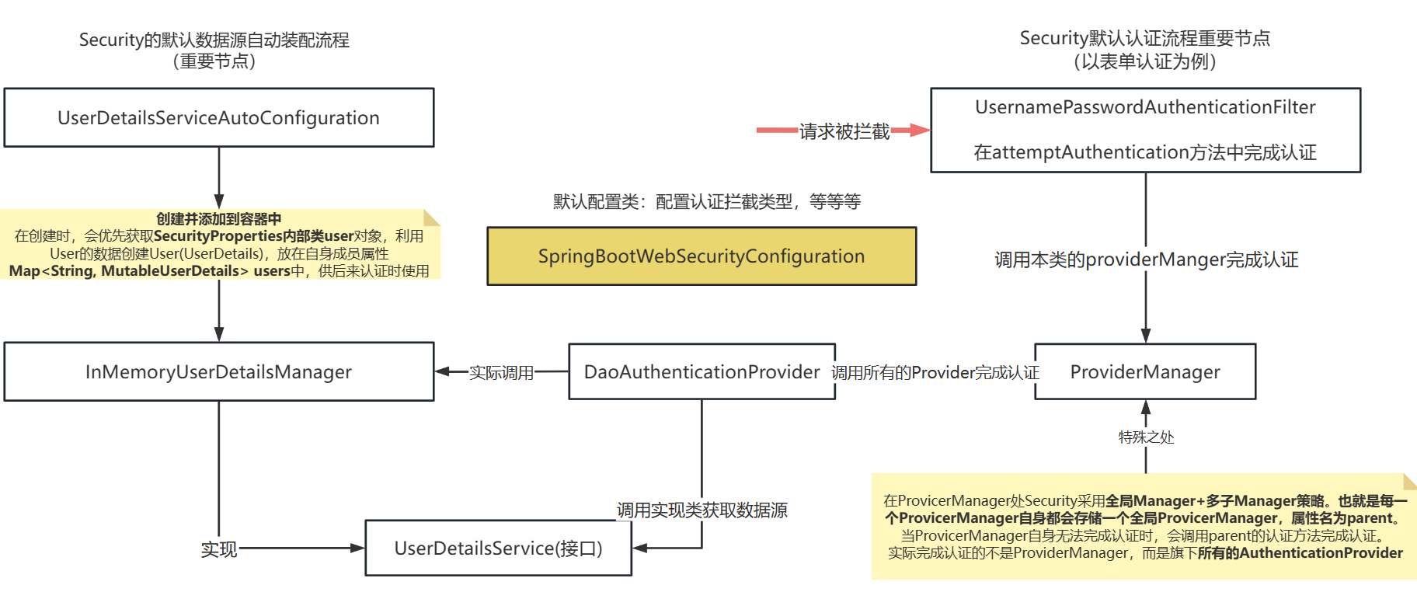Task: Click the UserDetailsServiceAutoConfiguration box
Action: pyautogui.click(x=218, y=117)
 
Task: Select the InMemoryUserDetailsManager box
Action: pyautogui.click(x=218, y=371)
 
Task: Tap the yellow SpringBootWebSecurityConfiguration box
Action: pyautogui.click(x=701, y=256)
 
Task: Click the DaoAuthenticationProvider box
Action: pyautogui.click(x=702, y=371)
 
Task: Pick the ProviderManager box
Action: pyautogui.click(x=1144, y=371)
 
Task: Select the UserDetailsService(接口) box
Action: pyautogui.click(x=498, y=548)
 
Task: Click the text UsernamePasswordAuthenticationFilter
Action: pyautogui.click(x=1145, y=107)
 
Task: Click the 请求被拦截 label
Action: pyautogui.click(x=844, y=131)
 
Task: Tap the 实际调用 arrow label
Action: pyautogui.click(x=501, y=372)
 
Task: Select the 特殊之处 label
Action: pyautogui.click(x=1146, y=437)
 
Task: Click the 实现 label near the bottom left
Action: pyautogui.click(x=218, y=549)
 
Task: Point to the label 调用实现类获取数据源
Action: pyautogui.click(x=702, y=510)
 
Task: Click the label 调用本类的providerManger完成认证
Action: pyautogui.click(x=1146, y=259)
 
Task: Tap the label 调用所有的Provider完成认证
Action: pyautogui.click(x=935, y=372)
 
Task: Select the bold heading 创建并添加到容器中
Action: pyautogui.click(x=218, y=218)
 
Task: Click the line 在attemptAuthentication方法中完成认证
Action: pyautogui.click(x=1145, y=152)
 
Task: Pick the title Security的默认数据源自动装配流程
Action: pyautogui.click(x=214, y=40)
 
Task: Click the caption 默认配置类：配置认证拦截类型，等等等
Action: pyautogui.click(x=706, y=201)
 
